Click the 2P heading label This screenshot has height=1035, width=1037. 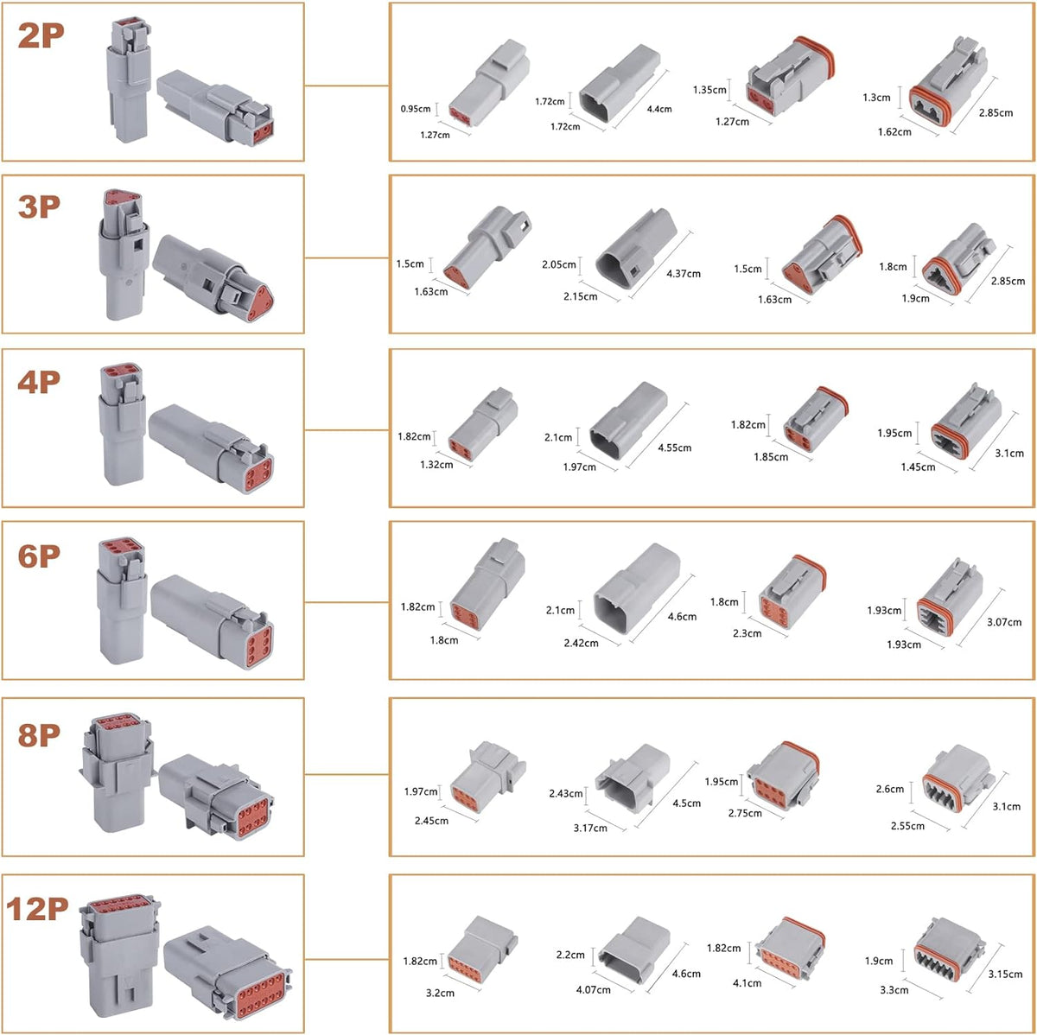pos(41,35)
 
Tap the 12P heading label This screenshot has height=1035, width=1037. pos(37,909)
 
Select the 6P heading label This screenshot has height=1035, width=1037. pos(39,556)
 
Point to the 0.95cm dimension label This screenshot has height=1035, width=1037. pos(416,109)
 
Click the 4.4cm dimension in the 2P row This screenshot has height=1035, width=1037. pos(659,109)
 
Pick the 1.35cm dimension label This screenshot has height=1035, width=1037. pos(709,90)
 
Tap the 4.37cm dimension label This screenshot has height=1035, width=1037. pos(684,273)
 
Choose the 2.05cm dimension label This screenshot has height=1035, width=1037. pos(558,264)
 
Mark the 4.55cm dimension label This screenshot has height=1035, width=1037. pos(674,448)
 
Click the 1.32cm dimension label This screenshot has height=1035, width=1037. pos(436,465)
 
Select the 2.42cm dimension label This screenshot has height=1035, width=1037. pos(581,643)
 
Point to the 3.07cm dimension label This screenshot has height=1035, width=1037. pos(1004,622)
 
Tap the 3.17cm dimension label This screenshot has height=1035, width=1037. pos(590,828)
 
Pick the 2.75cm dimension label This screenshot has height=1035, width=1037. pos(745,813)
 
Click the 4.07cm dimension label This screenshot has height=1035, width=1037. pos(593,990)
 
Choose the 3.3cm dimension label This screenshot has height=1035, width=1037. pos(894,990)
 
